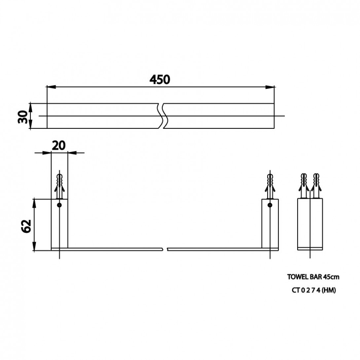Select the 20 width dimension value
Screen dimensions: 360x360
[59, 145]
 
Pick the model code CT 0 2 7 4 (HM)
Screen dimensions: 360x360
[313, 291]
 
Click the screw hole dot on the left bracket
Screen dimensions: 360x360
[59, 205]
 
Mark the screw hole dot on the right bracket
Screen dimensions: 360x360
[270, 205]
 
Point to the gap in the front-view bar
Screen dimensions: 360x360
[165, 249]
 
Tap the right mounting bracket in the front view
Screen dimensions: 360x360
[270, 225]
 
